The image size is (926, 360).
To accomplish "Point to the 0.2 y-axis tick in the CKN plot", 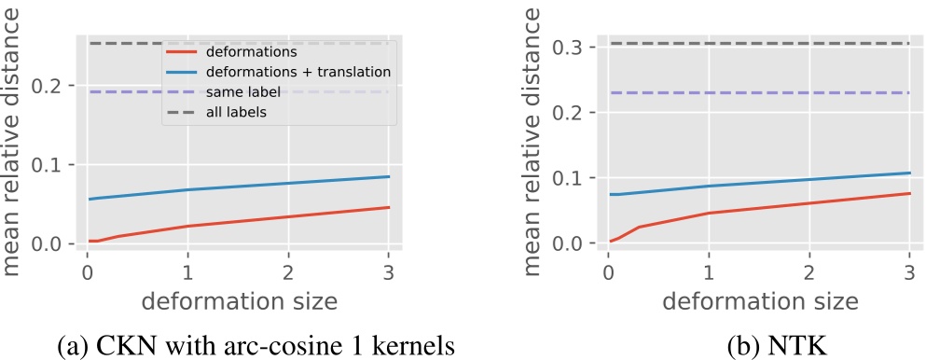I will click(x=54, y=86).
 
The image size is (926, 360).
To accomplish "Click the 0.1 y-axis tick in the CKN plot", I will click(x=54, y=165).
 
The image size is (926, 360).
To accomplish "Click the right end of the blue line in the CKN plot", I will click(x=389, y=176).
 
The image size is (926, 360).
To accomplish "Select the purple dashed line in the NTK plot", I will click(x=759, y=92).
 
